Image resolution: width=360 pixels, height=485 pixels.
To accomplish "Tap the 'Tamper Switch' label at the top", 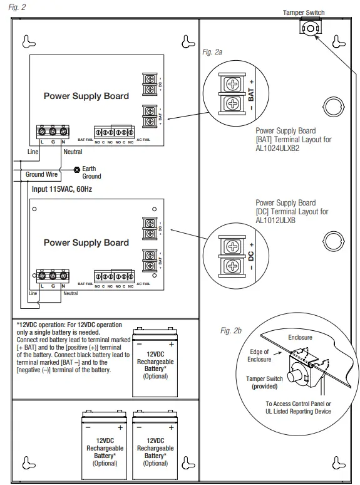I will pos(304,13).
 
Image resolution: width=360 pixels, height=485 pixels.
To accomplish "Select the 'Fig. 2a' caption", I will pos(212,53).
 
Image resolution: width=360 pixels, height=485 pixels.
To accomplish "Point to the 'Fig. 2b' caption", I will pos(232,330).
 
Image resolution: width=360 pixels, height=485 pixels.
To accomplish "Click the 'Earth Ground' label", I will pos(91,172).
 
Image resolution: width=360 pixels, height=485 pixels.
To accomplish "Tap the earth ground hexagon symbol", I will pos(76,169).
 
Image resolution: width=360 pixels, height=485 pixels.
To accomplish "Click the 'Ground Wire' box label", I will pos(42,174).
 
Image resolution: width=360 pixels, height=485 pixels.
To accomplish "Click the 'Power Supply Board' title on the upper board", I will pos(86,96).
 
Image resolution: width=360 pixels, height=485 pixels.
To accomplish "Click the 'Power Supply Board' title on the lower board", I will pos(86,242).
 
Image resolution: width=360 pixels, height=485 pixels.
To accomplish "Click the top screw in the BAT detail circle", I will pos(231,84).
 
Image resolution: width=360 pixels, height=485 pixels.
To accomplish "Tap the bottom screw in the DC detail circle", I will pos(231,266).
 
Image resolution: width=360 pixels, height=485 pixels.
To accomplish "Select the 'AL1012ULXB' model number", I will pos(276,221).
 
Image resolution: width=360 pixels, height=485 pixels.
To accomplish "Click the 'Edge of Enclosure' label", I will pos(259,355).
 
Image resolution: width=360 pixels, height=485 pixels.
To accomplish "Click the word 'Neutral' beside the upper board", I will pos(73,152).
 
